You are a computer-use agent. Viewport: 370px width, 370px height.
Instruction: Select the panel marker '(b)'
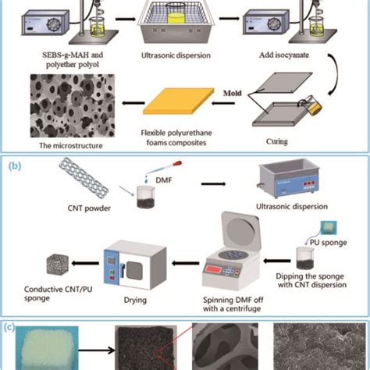pos(15,165)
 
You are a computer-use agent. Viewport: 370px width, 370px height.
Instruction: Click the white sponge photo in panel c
pos(52,349)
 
